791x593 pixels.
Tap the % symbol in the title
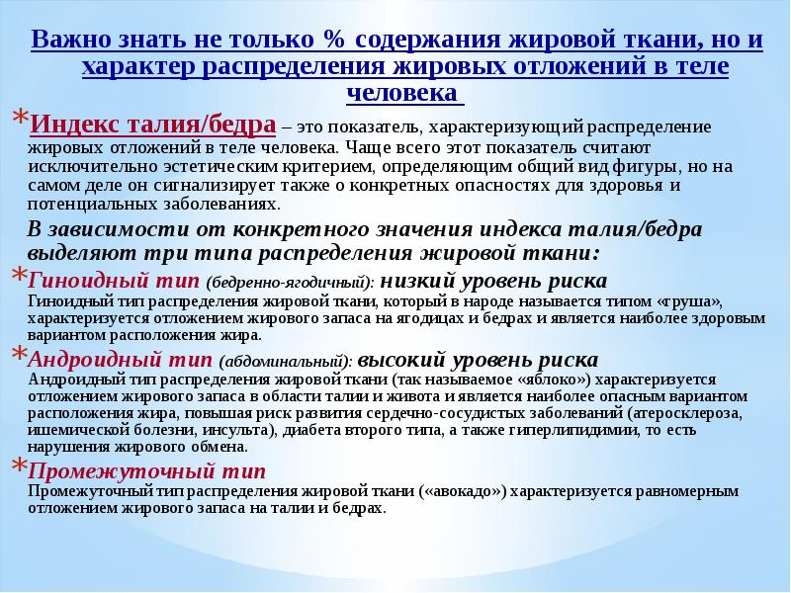point(331,41)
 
